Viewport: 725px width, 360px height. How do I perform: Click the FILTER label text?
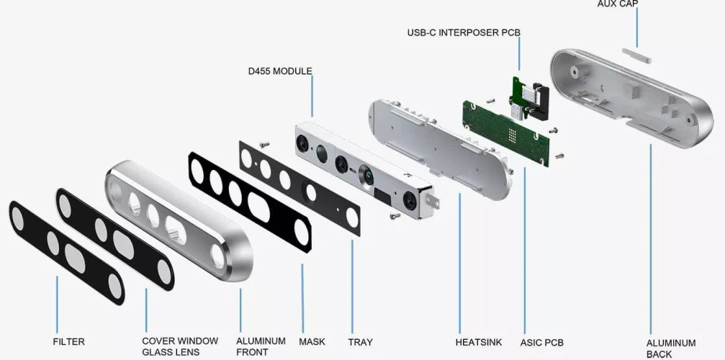pyautogui.click(x=68, y=341)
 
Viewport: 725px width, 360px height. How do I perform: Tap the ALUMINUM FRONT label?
pyautogui.click(x=261, y=346)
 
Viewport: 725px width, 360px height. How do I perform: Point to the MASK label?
pyautogui.click(x=312, y=341)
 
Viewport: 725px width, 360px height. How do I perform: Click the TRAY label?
pyautogui.click(x=360, y=342)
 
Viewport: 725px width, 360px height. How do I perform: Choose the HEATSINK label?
pyautogui.click(x=478, y=342)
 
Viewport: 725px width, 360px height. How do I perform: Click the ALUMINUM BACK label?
pyautogui.click(x=670, y=348)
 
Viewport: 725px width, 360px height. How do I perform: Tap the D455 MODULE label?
pyautogui.click(x=279, y=71)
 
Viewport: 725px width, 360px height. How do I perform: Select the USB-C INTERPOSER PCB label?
pyautogui.click(x=463, y=32)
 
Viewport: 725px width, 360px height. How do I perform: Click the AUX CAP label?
pyautogui.click(x=617, y=4)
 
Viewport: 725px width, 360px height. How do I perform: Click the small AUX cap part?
pyautogui.click(x=636, y=53)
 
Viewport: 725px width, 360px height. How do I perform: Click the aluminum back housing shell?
pyautogui.click(x=626, y=94)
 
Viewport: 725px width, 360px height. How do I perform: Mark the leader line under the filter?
pyautogui.click(x=57, y=302)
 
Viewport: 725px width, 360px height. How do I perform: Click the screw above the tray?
pyautogui.click(x=264, y=145)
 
